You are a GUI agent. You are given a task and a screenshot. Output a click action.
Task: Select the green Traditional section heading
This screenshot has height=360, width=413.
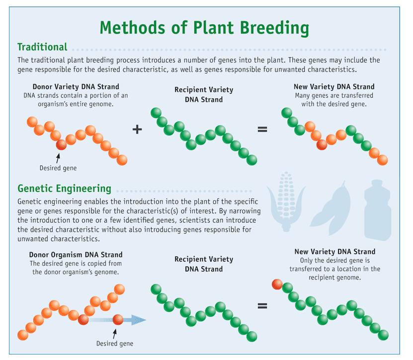pos(42,48)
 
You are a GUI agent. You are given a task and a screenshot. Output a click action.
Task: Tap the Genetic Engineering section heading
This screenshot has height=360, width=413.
pos(64,189)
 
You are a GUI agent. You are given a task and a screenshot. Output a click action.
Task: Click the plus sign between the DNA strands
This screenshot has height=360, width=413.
pos(137,129)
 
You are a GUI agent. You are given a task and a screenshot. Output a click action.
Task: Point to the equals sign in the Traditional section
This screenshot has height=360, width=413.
pos(262,130)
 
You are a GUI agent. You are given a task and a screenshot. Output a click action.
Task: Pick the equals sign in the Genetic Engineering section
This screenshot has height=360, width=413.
pos(262,305)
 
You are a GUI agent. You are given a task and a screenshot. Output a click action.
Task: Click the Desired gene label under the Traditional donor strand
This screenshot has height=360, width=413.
pos(58,168)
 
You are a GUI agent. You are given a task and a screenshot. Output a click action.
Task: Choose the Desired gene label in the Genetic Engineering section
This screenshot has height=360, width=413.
pos(114,344)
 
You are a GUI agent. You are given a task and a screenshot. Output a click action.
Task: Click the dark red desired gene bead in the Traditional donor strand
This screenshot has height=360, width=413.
pos(62,144)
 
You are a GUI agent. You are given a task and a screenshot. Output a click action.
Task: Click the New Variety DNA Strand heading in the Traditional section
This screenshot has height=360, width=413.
pos(333,87)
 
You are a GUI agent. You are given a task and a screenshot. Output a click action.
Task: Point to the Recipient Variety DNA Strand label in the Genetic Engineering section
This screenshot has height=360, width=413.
pos(204,264)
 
